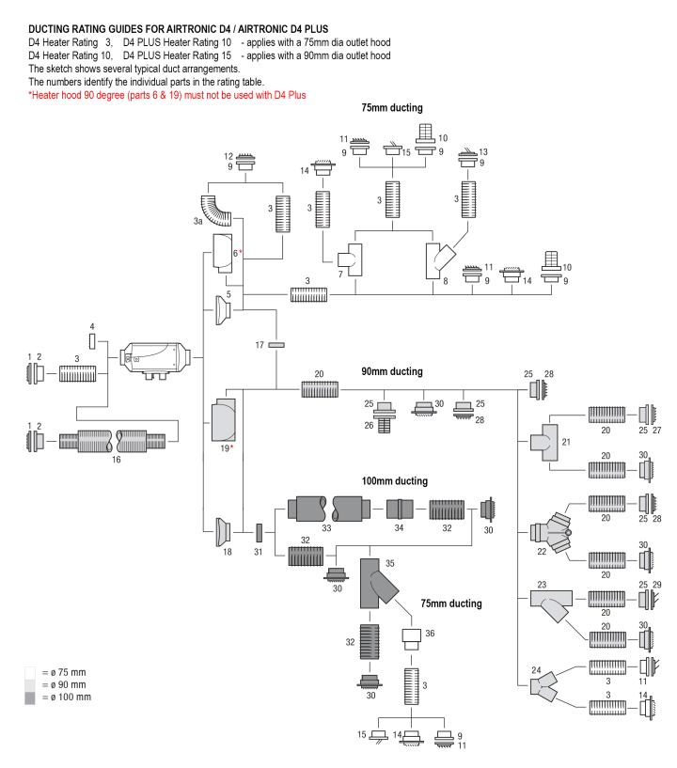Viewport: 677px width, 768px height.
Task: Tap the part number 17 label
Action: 260,345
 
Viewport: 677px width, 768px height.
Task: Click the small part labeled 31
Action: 259,532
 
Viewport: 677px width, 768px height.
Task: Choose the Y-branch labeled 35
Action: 376,584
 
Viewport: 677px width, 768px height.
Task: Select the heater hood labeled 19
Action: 224,420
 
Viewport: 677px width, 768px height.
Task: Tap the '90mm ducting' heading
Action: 392,371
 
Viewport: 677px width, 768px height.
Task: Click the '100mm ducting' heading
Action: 394,481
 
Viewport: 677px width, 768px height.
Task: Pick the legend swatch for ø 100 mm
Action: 30,697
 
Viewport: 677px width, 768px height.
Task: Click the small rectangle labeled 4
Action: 92,341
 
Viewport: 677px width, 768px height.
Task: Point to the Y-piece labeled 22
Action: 551,532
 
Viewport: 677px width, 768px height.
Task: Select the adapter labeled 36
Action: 412,639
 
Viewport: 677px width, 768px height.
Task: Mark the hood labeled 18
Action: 224,531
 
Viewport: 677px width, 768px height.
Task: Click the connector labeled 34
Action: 400,509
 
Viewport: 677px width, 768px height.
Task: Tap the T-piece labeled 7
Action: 351,259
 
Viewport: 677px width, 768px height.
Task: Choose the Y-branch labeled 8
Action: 439,260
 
